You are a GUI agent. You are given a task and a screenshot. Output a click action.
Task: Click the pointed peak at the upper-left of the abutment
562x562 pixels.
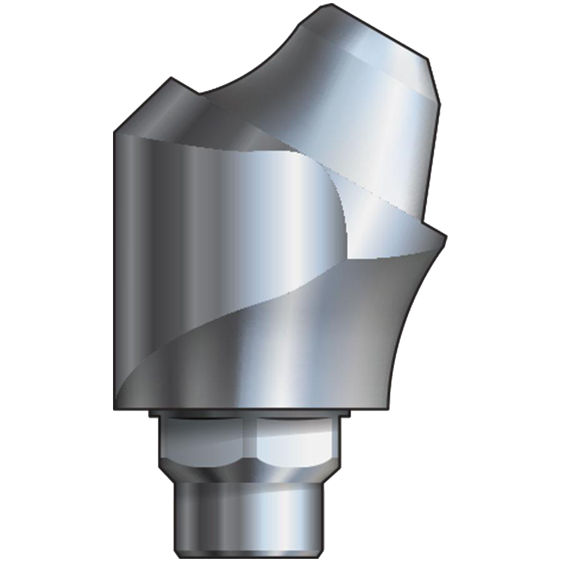pos(171,79)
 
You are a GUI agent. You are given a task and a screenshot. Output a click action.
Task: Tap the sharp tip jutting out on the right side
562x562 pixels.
pos(445,235)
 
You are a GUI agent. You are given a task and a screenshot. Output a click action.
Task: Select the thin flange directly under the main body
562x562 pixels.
pos(250,413)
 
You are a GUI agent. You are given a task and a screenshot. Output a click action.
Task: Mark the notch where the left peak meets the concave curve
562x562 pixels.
pos(201,96)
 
